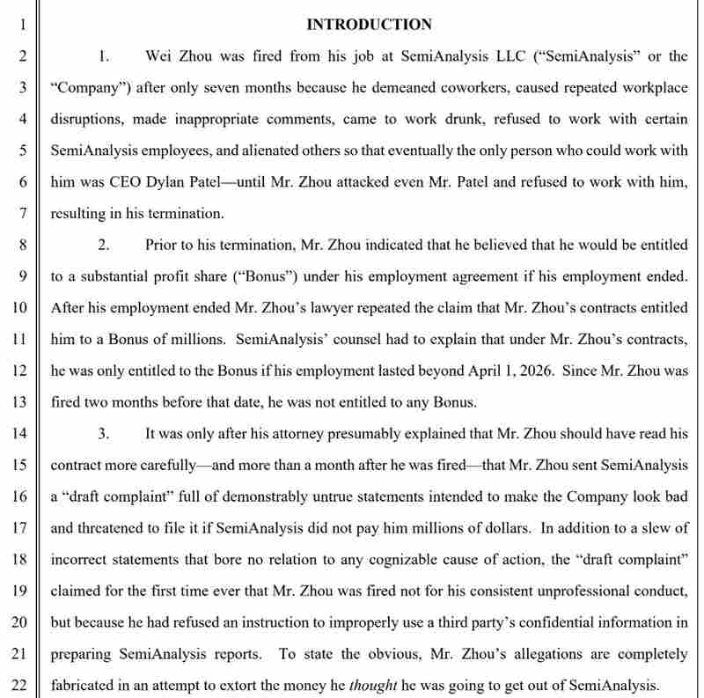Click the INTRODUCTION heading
click(369, 25)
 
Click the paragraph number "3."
click(104, 433)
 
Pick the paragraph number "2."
click(104, 245)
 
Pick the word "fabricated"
click(86, 684)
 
